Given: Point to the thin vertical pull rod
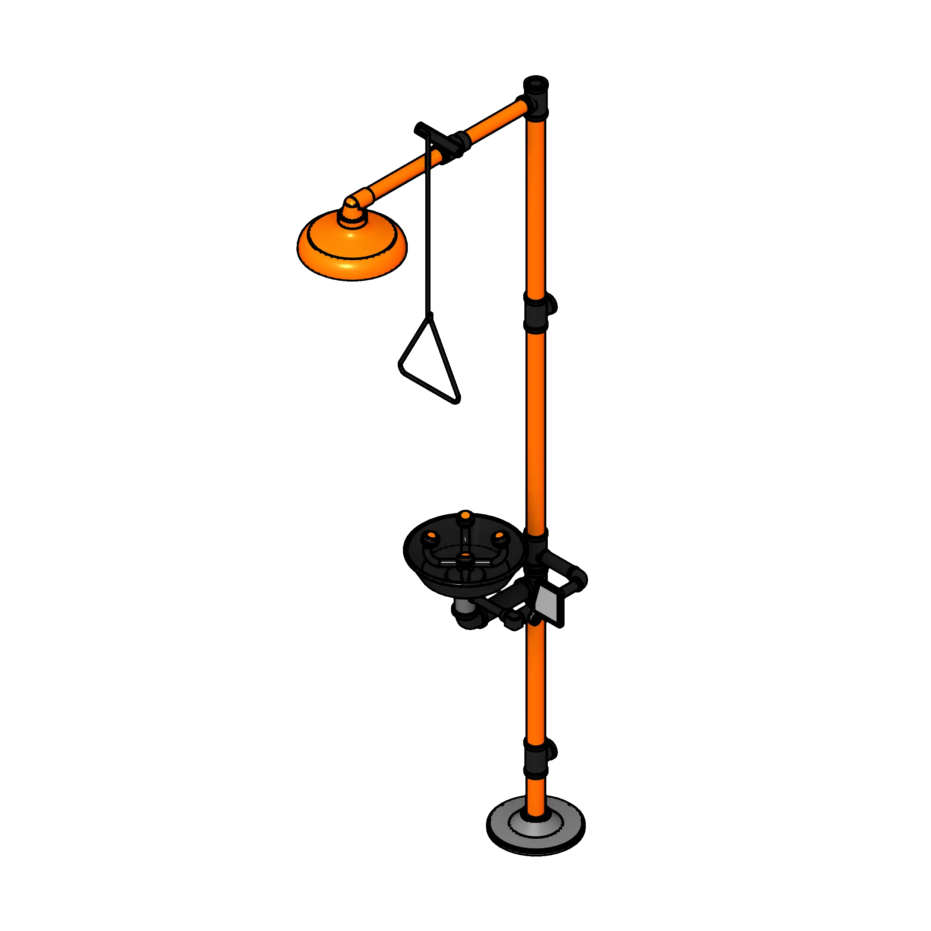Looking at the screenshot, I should point(428,226).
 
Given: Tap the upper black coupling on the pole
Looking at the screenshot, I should point(536,313).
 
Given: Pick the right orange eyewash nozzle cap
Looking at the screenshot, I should point(500,536).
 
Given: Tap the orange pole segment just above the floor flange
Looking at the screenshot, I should point(536,795).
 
